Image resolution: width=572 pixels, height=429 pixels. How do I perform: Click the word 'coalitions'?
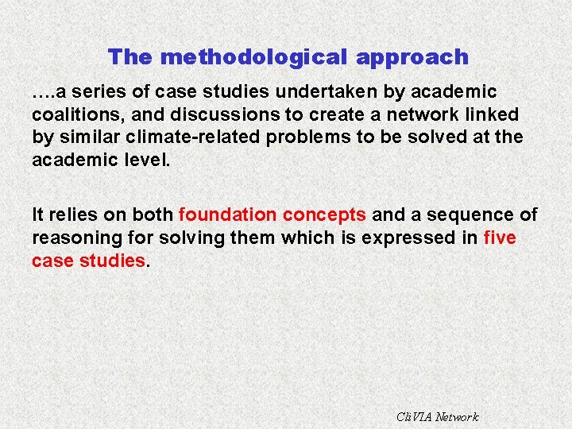73,114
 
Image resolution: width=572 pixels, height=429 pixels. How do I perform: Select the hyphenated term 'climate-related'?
199,137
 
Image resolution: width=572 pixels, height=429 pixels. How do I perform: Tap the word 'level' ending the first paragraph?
146,159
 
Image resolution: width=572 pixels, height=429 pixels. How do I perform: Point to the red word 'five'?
499,237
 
